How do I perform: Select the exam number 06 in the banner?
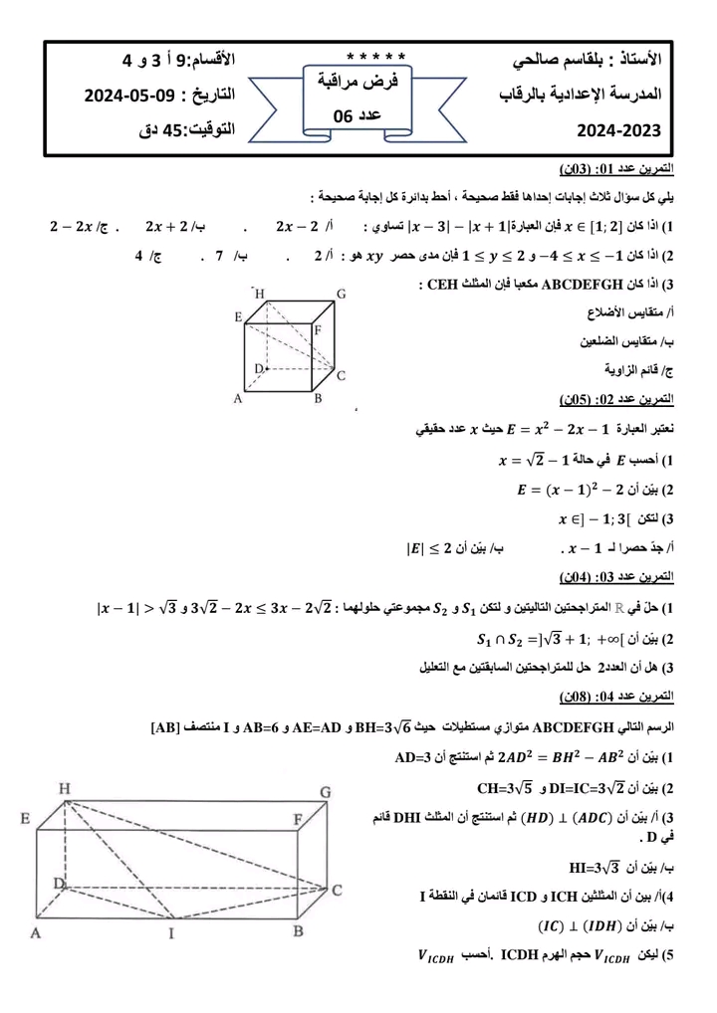[x=345, y=116]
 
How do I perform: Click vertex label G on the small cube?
[x=341, y=295]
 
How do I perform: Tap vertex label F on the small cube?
[x=318, y=329]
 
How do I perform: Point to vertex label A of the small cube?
[x=239, y=400]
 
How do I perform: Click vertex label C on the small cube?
[x=341, y=376]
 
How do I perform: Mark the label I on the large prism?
[x=170, y=933]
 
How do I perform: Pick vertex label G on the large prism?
[x=325, y=791]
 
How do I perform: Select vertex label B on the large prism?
[x=297, y=932]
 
